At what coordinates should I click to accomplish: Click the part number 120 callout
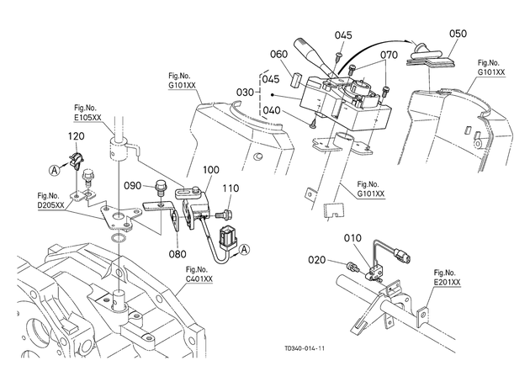(76, 136)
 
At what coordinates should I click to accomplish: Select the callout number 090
(132, 186)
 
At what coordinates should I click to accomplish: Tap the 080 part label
(178, 254)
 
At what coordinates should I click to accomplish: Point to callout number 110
(231, 188)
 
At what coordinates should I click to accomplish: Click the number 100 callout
(211, 170)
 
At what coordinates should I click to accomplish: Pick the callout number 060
(279, 54)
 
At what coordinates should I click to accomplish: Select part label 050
(458, 34)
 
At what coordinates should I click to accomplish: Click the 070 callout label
(389, 55)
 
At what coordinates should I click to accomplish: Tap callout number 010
(352, 238)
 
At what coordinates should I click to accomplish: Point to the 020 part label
(316, 260)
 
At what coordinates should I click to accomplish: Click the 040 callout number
(272, 110)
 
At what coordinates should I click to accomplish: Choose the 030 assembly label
(245, 92)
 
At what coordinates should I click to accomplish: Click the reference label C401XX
(199, 278)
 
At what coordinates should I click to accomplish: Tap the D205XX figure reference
(50, 204)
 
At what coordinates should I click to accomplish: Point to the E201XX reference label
(448, 282)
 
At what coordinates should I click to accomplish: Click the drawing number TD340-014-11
(305, 348)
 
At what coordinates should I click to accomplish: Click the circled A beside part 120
(55, 170)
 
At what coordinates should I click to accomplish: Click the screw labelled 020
(352, 268)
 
